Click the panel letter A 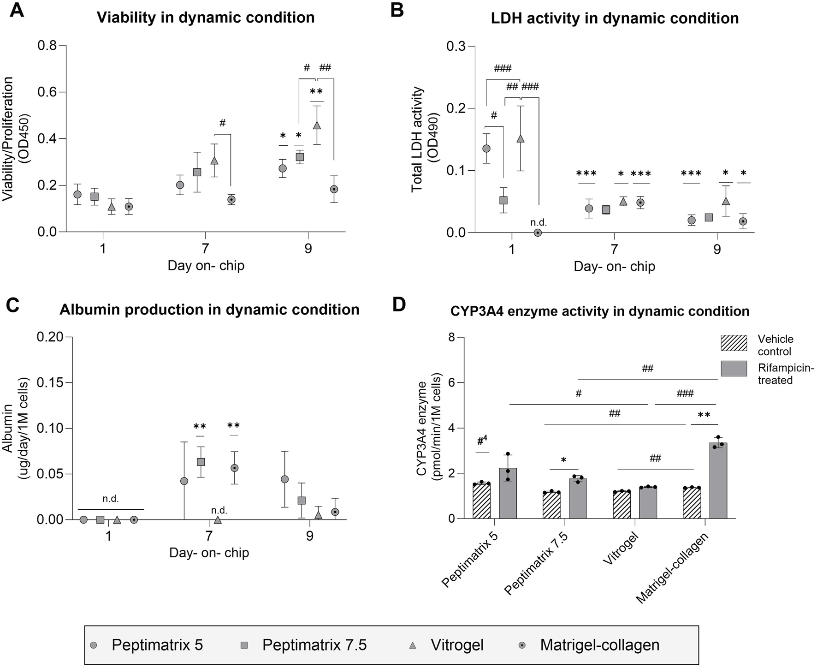[x=17, y=10]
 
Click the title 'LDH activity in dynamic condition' [x=615, y=18]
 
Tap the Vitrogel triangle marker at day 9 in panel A [x=317, y=125]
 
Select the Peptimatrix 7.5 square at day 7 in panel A [x=197, y=172]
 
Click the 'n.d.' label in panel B [x=538, y=222]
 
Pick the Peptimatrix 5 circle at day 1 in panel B [x=486, y=149]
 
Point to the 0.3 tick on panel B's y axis [x=457, y=46]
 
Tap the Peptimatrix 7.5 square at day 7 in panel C [x=201, y=462]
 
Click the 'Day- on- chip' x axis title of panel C [x=209, y=552]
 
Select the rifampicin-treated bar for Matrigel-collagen [x=718, y=480]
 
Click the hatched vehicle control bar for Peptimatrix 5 [x=482, y=501]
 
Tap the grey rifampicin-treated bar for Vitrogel [x=648, y=503]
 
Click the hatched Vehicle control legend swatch [x=734, y=344]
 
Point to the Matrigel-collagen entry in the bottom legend [x=599, y=644]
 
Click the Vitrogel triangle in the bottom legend [x=413, y=645]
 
